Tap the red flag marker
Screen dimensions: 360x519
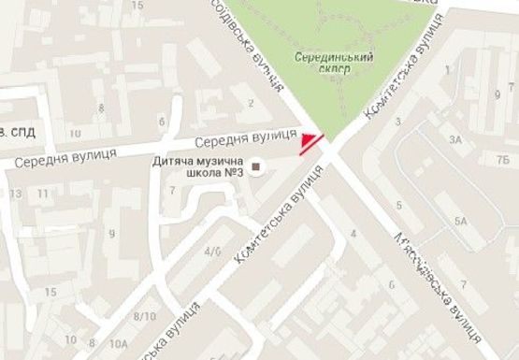pyautogui.click(x=308, y=143)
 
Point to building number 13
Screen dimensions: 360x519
pyautogui.click(x=16, y=194)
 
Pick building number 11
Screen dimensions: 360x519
pyautogui.click(x=44, y=194)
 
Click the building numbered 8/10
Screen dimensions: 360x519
pyautogui.click(x=145, y=317)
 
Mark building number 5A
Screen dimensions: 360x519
pyautogui.click(x=460, y=221)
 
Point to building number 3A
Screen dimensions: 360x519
pyautogui.click(x=455, y=139)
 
